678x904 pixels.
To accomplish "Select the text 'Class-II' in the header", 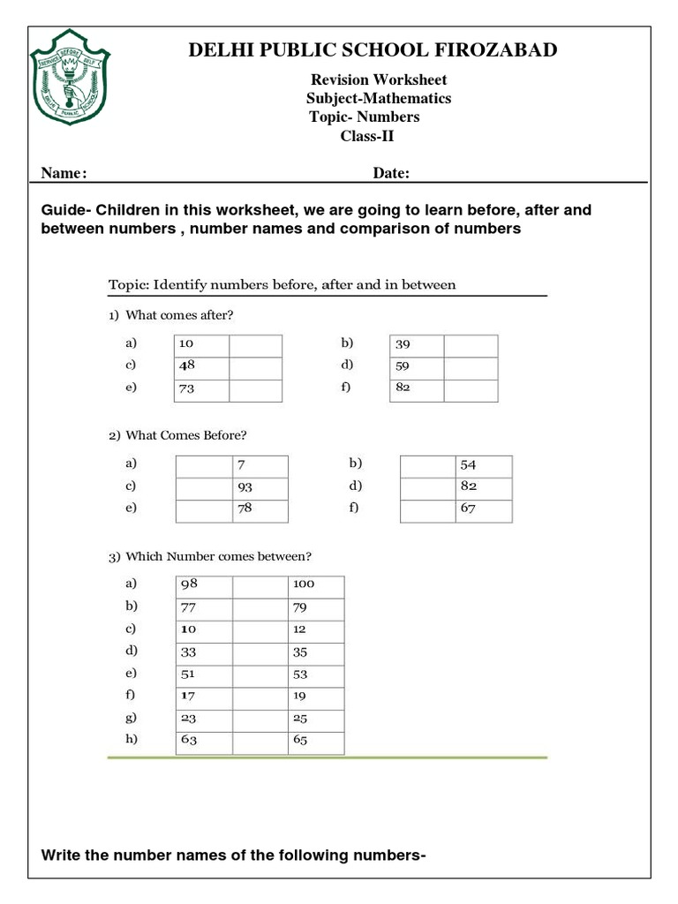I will tap(367, 135).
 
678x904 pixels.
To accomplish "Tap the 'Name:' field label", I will tap(64, 174).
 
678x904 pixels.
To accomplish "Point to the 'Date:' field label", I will tap(390, 174).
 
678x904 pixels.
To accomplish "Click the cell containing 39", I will tap(416, 345).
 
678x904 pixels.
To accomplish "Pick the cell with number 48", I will tap(201, 366).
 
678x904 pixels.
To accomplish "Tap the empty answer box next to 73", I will tap(255, 389).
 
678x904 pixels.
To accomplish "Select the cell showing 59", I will tap(416, 366).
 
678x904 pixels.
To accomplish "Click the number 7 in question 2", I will tap(260, 466).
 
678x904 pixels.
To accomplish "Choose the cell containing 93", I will tap(260, 488).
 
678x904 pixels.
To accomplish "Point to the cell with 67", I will tap(484, 510).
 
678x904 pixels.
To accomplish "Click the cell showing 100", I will tap(315, 586).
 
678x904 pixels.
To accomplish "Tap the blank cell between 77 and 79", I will tap(260, 609).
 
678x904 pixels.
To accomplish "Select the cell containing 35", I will tap(315, 654).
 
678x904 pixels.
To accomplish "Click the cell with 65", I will tap(315, 742).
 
